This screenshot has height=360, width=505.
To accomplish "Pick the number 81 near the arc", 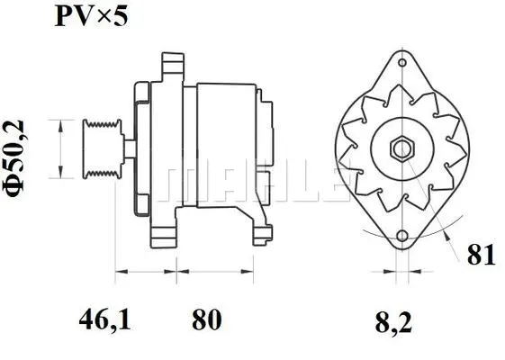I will point(482,255).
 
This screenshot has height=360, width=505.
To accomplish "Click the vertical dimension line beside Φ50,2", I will point(59,148).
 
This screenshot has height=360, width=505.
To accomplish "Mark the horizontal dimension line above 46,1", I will point(148,270).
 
